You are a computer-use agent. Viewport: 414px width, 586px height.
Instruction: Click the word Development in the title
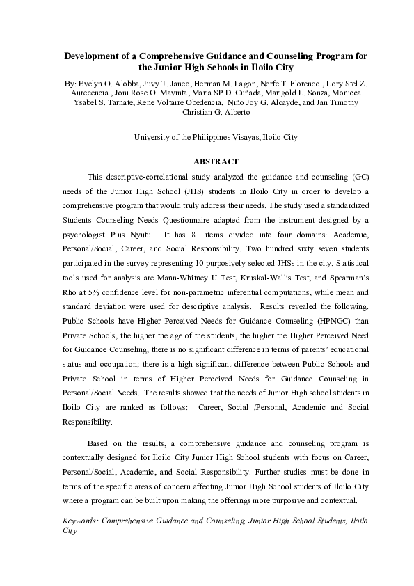(93, 56)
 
